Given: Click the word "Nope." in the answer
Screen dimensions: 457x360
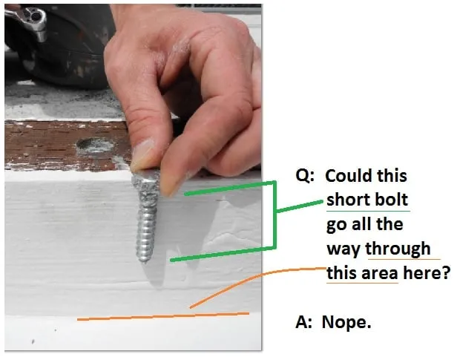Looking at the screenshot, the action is [346, 323].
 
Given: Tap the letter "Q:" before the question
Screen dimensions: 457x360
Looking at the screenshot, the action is [305, 176].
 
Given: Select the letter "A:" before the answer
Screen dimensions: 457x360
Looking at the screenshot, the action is [303, 322].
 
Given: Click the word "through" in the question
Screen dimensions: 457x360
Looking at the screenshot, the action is [398, 249].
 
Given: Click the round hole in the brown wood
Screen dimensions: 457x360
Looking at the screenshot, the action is [95, 145].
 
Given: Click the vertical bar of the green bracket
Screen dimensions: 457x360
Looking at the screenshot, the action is [274, 215].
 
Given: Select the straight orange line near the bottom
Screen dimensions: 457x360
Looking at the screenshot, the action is [163, 316].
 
